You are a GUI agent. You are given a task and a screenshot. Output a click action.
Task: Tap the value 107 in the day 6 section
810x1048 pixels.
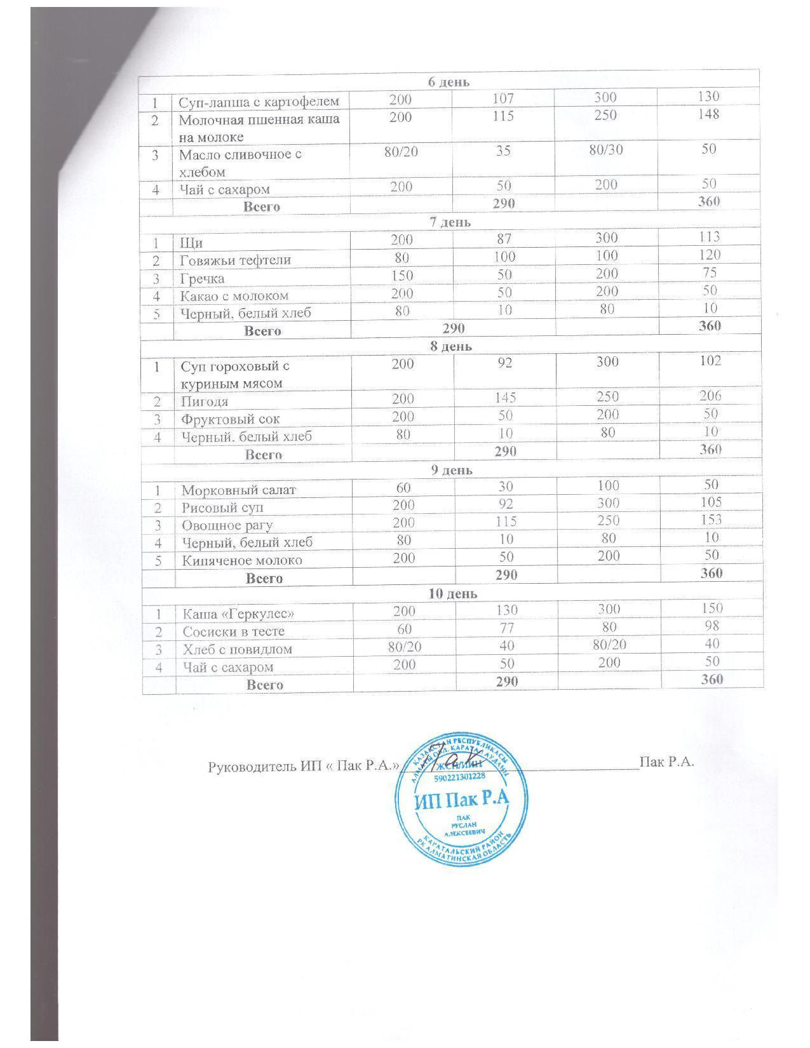[x=503, y=98]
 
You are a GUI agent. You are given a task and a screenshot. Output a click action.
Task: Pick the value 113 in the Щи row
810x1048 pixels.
[x=708, y=237]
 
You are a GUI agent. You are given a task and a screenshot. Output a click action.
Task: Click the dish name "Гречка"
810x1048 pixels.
[x=202, y=278]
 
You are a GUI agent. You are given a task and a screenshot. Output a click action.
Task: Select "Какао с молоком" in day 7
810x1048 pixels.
[x=234, y=296]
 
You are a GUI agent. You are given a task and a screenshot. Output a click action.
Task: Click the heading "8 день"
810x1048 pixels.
[x=450, y=346]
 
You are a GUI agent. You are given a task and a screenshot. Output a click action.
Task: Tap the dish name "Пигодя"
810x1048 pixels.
[x=205, y=401]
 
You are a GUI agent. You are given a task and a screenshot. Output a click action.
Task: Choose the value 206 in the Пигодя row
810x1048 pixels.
[x=710, y=396]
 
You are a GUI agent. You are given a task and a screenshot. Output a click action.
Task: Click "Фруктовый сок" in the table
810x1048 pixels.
[x=231, y=419]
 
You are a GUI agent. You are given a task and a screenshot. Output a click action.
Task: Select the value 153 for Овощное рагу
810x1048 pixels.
[x=711, y=519]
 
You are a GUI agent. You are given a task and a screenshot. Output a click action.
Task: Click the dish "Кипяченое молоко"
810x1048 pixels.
[x=242, y=561]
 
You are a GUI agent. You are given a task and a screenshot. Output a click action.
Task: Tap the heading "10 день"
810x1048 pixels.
[x=453, y=594]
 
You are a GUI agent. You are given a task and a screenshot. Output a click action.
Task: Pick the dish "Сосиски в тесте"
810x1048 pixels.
[x=234, y=632]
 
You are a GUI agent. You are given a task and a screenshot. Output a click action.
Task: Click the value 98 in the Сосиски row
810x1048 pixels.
[x=712, y=626]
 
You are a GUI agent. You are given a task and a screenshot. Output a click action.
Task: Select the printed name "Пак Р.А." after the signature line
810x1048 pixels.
[x=666, y=762]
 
